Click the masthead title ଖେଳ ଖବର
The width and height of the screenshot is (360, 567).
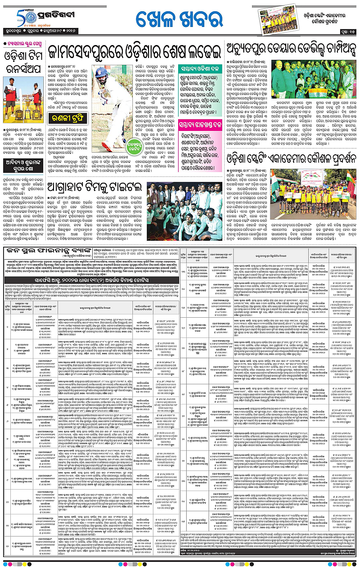click(180, 21)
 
